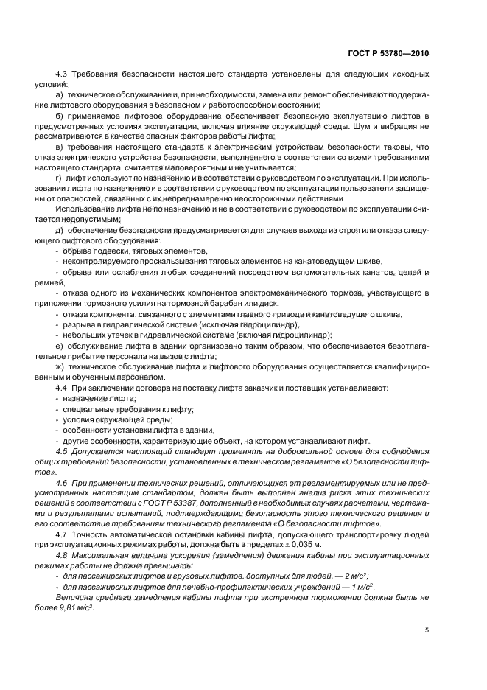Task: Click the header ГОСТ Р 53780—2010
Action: [x=388, y=53]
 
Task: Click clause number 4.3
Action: [x=63, y=76]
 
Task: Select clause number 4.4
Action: [x=63, y=388]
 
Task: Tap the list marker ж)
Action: [x=60, y=366]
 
